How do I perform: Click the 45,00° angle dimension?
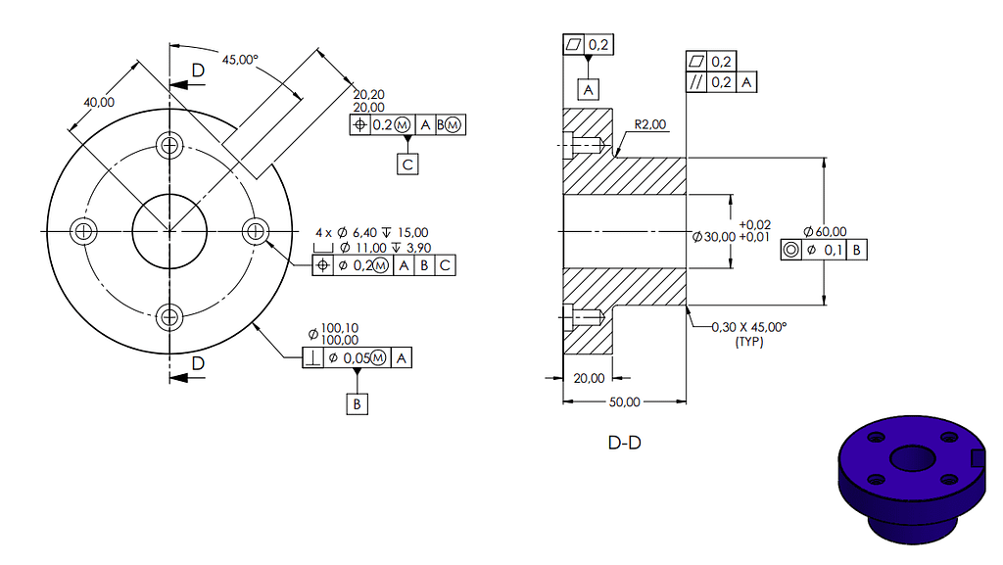[x=240, y=60]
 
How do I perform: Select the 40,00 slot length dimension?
[x=98, y=102]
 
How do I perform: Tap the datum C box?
[x=407, y=165]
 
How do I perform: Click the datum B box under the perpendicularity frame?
[x=358, y=402]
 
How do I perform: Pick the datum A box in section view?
[x=589, y=90]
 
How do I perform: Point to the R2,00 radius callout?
[x=650, y=124]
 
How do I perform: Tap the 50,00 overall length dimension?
[x=625, y=401]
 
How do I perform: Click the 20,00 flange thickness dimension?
[x=589, y=378]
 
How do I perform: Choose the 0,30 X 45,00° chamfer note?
[x=749, y=327]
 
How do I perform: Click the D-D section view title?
[x=625, y=443]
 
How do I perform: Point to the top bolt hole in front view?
[x=171, y=146]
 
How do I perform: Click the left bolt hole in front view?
[x=84, y=231]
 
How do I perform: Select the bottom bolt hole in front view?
[x=171, y=316]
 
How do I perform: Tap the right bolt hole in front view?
[x=256, y=231]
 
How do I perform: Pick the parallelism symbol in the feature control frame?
[x=697, y=83]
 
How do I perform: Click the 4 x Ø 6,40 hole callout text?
[x=371, y=232]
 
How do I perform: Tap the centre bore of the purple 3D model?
[x=911, y=458]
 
